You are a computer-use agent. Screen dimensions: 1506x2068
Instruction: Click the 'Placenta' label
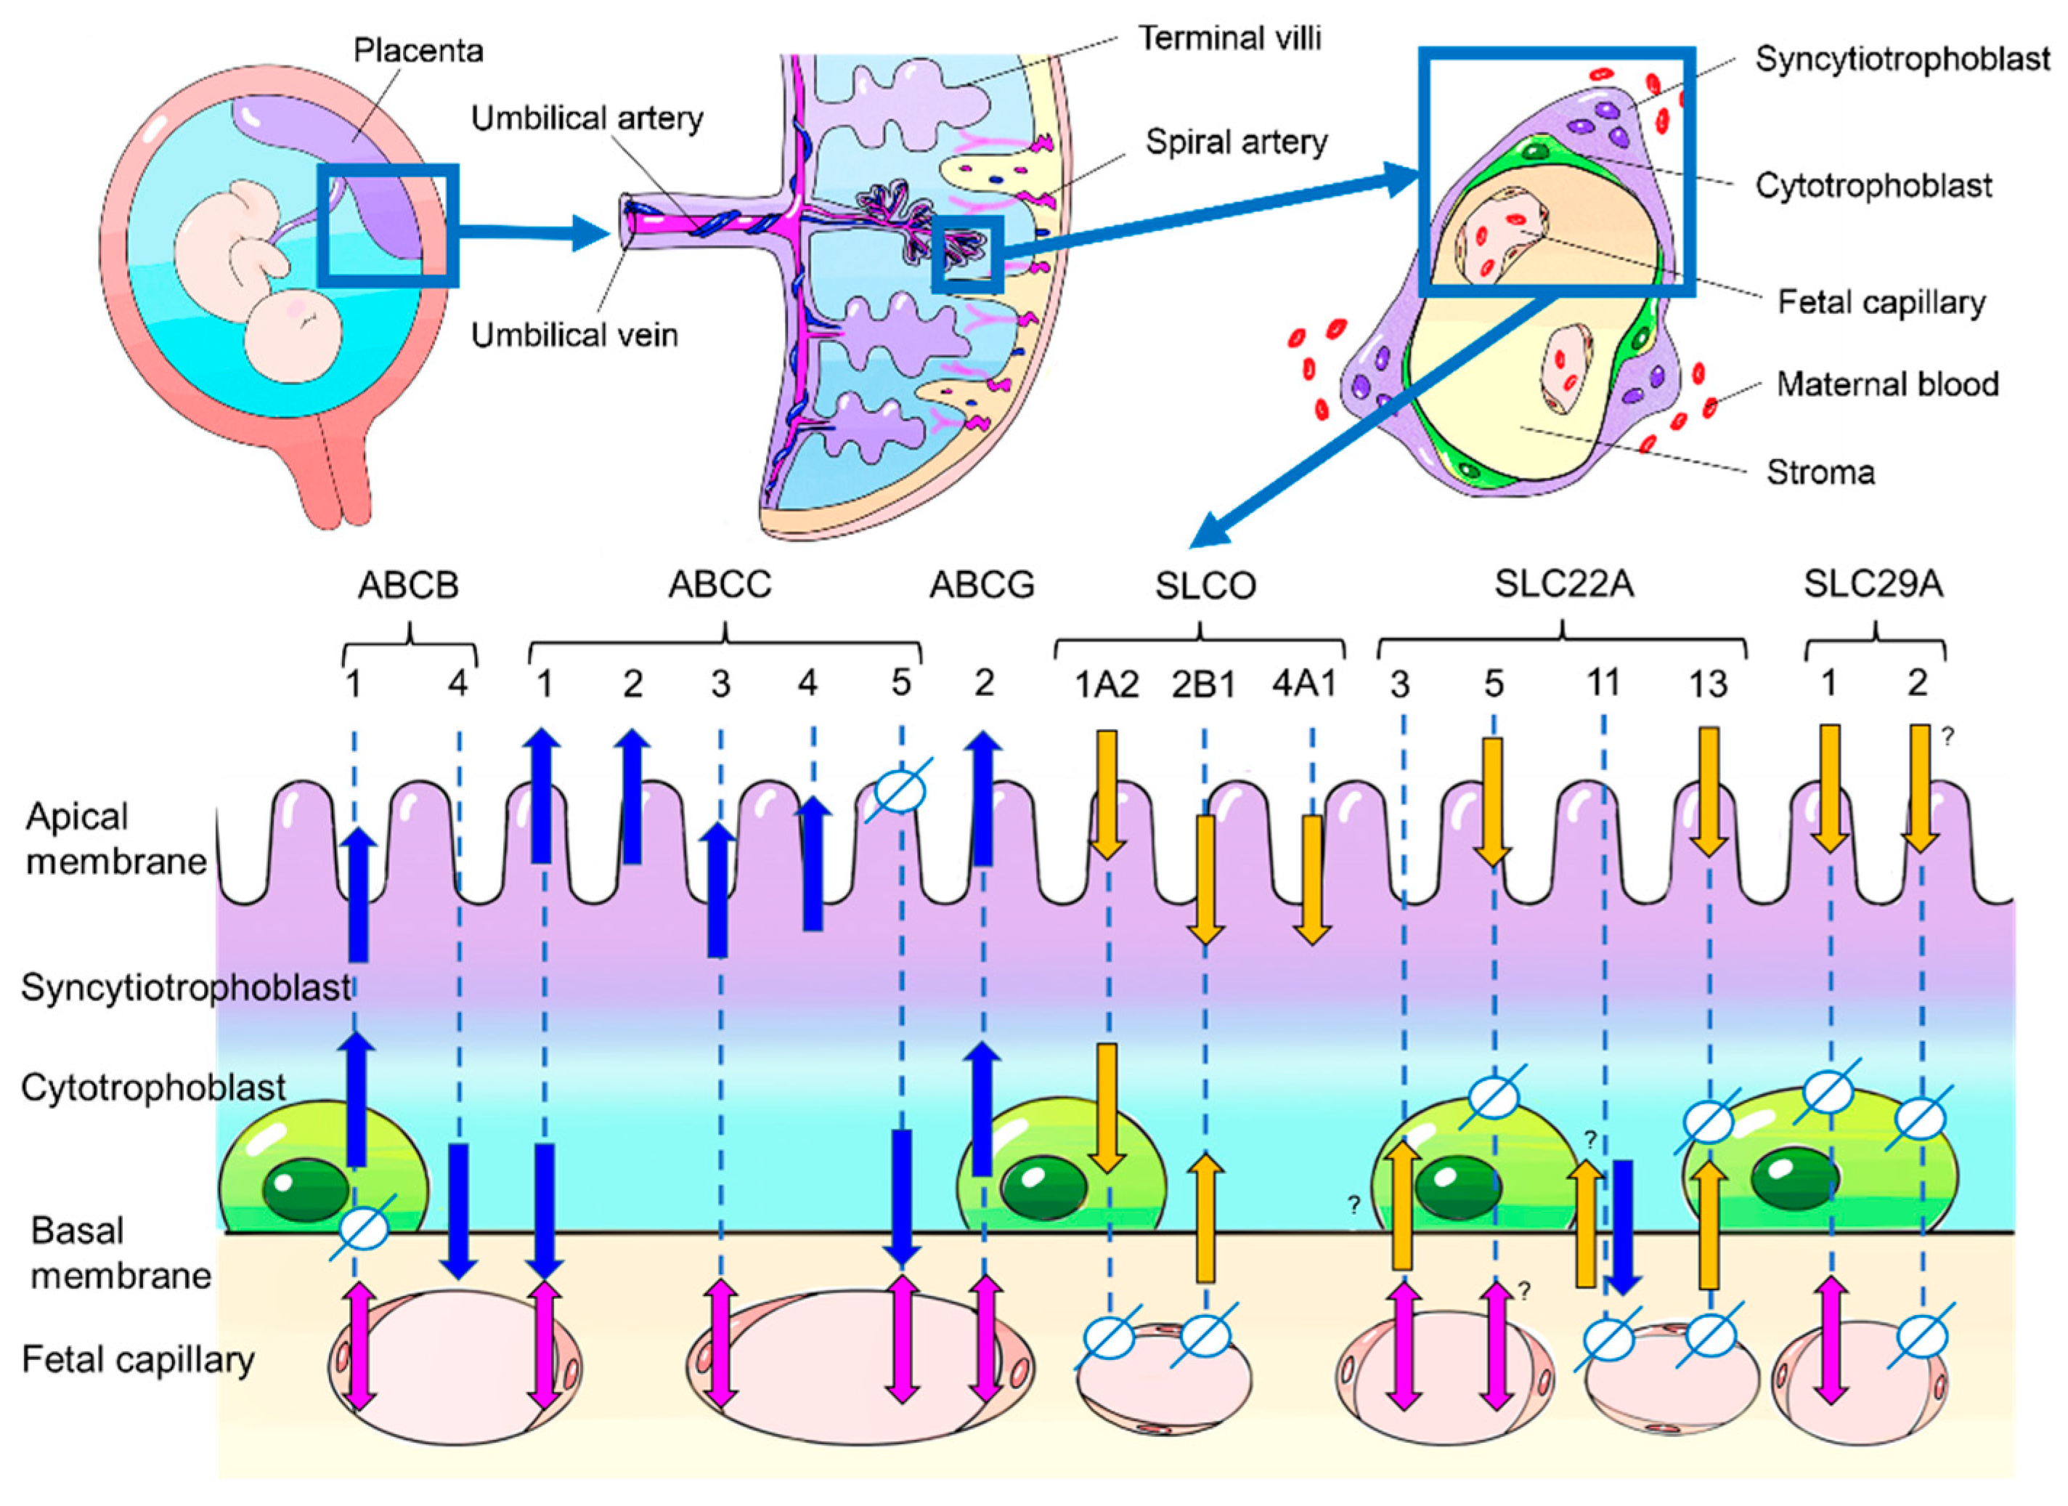(x=418, y=51)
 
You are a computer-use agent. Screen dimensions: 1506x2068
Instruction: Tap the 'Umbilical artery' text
(x=587, y=118)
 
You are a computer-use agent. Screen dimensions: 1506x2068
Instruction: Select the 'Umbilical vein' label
(x=574, y=335)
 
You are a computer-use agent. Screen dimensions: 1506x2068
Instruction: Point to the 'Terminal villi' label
(x=1230, y=39)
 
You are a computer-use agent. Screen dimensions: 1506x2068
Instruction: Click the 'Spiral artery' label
(x=1237, y=142)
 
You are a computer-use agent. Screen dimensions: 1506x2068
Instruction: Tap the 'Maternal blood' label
(x=1887, y=384)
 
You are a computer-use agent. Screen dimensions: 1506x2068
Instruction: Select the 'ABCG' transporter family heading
(x=982, y=586)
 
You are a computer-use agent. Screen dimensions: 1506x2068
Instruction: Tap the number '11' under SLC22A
(x=1603, y=682)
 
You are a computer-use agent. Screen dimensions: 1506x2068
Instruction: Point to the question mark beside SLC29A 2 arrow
(x=1947, y=736)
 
